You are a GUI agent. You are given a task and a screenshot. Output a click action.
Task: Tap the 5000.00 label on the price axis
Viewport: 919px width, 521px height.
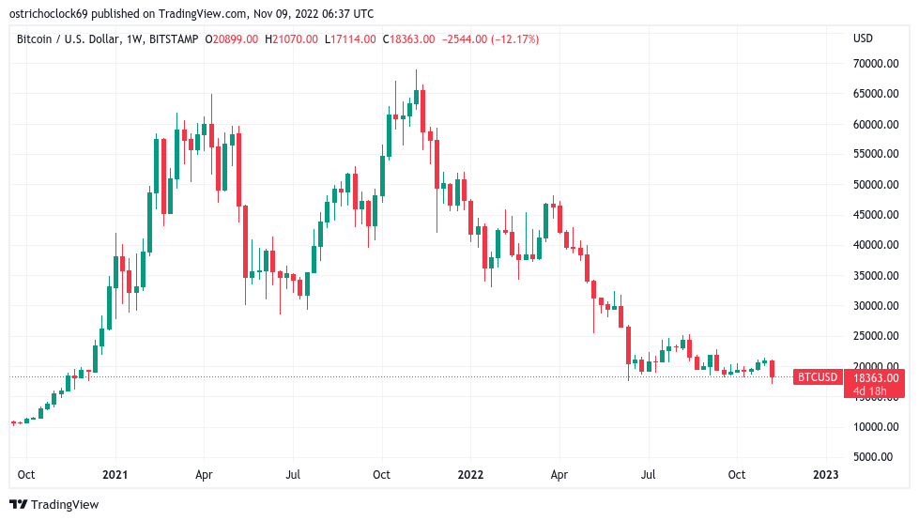click(x=878, y=457)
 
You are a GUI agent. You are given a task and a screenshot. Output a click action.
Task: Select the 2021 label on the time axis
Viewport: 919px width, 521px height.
click(x=115, y=475)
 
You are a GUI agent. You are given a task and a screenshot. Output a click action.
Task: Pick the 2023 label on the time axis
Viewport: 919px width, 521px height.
click(x=825, y=475)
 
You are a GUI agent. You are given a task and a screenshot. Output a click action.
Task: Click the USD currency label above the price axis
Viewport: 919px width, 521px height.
click(x=863, y=38)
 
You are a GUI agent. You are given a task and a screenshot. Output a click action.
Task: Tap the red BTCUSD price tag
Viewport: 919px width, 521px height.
click(x=817, y=377)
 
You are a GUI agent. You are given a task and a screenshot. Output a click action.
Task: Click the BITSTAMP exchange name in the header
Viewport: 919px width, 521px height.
click(x=180, y=38)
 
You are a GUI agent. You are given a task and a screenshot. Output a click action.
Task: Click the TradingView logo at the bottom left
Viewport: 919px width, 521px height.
click(x=54, y=505)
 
